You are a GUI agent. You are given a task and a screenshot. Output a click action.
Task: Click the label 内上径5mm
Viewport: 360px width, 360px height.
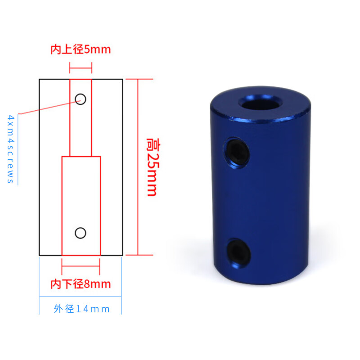click(x=81, y=49)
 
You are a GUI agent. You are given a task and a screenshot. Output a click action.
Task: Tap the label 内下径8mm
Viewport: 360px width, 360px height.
click(x=81, y=284)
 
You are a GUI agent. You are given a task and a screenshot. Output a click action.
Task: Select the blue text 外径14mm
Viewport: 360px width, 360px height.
click(x=81, y=309)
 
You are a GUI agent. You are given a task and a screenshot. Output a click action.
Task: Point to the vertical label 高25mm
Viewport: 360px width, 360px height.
click(x=153, y=167)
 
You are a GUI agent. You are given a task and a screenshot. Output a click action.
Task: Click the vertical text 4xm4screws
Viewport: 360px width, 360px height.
click(x=10, y=149)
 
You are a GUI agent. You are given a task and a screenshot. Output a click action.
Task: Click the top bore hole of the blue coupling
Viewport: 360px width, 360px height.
click(x=260, y=104)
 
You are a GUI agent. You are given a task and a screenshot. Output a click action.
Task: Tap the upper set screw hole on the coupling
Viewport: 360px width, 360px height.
click(x=237, y=153)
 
